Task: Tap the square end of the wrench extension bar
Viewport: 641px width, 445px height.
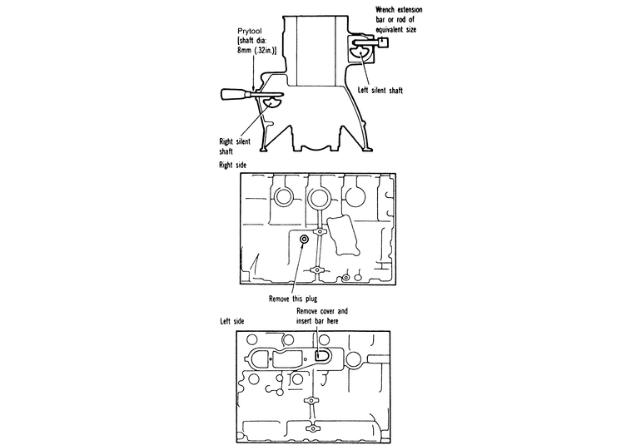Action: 385,46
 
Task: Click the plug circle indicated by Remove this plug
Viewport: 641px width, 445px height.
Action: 305,240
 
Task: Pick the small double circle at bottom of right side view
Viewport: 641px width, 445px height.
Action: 346,276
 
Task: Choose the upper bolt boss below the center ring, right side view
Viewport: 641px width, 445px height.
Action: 319,232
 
